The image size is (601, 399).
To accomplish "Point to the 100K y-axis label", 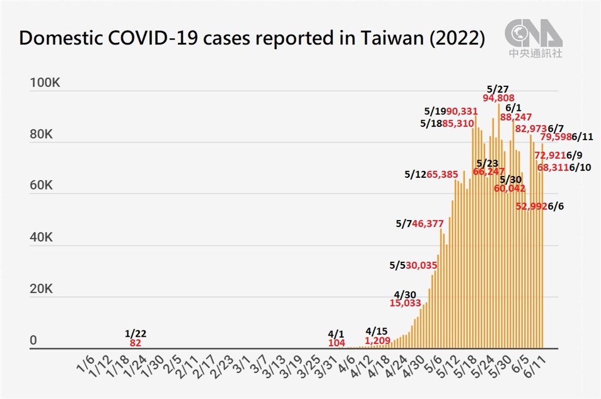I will click(45, 83).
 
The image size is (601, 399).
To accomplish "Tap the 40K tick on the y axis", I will click(41, 238).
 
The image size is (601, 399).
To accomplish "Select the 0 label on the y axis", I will click(34, 341).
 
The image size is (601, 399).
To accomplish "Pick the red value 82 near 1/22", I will click(136, 342).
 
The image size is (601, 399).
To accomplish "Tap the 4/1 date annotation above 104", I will click(337, 333).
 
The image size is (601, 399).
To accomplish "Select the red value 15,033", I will click(405, 303).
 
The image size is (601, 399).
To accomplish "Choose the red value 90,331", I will click(462, 110).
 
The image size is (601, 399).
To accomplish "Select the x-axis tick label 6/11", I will click(538, 365).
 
